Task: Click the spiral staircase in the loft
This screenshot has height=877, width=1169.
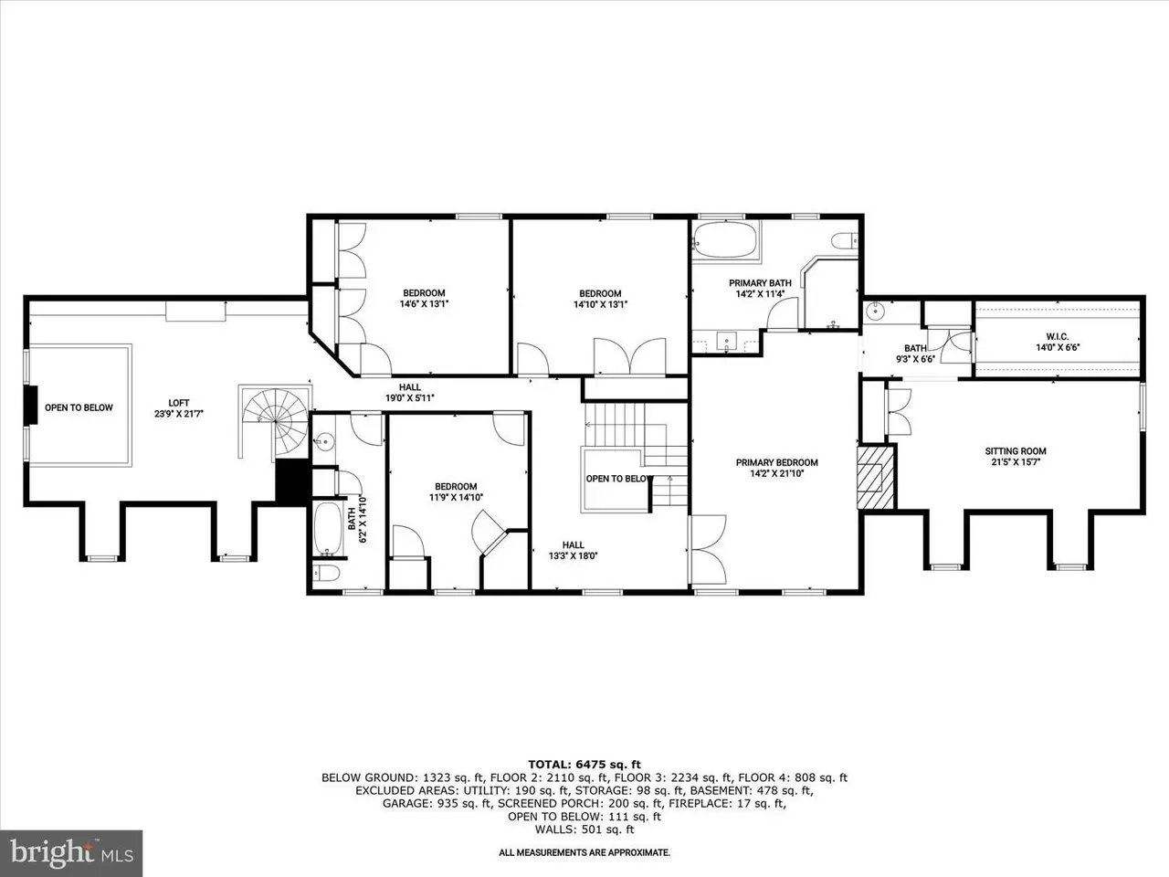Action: tap(275, 420)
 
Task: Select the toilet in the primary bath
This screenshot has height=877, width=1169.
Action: tap(845, 240)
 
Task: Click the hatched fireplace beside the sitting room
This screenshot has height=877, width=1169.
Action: tap(875, 478)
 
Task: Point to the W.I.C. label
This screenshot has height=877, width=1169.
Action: tap(1058, 336)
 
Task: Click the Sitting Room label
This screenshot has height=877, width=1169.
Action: tap(1016, 451)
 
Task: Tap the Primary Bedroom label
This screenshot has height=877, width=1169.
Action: tap(776, 462)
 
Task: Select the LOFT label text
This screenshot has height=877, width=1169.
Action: tap(179, 403)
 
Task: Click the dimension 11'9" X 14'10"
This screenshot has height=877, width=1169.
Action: tap(456, 498)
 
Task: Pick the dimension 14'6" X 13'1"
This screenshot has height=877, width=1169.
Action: tap(425, 304)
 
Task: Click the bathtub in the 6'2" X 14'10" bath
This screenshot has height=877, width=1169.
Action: tap(328, 528)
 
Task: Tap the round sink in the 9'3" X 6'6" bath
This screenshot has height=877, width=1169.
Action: tap(875, 310)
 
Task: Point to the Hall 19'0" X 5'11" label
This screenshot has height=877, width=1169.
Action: tap(410, 393)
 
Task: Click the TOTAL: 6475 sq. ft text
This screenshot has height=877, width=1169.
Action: tap(584, 765)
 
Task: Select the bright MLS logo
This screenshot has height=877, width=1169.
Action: tap(71, 853)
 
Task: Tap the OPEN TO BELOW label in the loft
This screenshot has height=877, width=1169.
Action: tap(79, 407)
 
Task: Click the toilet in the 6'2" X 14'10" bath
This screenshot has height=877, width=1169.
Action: tap(326, 573)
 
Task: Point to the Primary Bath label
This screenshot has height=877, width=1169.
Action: tap(760, 283)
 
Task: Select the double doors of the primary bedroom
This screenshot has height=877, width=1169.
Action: tap(708, 548)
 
